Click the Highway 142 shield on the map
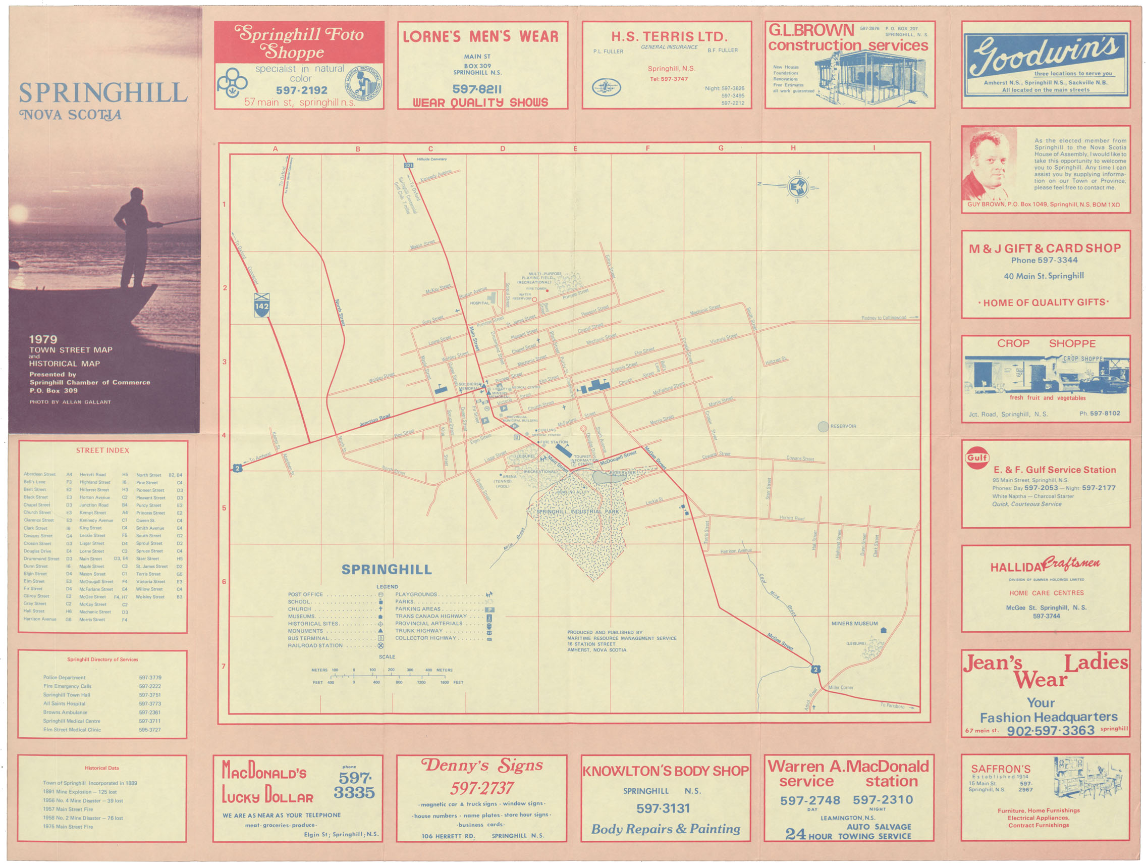(x=261, y=306)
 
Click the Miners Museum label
(x=854, y=624)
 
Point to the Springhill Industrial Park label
(x=578, y=512)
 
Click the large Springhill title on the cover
(x=102, y=93)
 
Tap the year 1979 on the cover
(x=43, y=339)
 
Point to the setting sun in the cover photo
(x=18, y=213)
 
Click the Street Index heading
(x=102, y=450)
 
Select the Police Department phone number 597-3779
(x=150, y=678)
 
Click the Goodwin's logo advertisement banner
(x=1046, y=64)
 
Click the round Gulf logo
(x=976, y=458)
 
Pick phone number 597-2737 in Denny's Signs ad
(x=482, y=788)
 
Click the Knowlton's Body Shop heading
(x=666, y=771)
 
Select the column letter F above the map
(x=647, y=148)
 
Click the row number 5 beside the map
(x=224, y=508)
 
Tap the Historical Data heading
(x=102, y=768)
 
